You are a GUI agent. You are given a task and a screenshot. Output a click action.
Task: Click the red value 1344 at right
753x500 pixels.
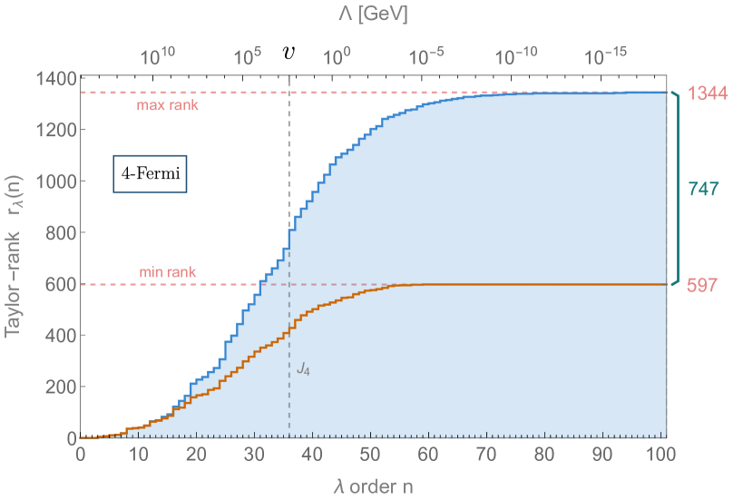(x=708, y=93)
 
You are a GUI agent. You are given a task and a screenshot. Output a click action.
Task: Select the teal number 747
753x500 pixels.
(x=704, y=190)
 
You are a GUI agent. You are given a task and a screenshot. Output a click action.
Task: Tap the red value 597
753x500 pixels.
(x=702, y=285)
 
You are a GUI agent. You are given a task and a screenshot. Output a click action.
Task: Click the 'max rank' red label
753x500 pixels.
(x=168, y=105)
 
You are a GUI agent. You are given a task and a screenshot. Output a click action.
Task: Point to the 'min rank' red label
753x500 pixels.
(x=168, y=271)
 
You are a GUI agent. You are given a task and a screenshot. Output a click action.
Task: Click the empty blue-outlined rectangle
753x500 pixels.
(x=150, y=174)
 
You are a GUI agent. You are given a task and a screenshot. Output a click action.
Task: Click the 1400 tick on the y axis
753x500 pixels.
(x=55, y=79)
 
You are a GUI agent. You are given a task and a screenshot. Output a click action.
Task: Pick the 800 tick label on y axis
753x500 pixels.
(x=55, y=233)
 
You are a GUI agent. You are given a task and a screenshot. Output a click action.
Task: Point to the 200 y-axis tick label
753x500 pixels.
(x=55, y=387)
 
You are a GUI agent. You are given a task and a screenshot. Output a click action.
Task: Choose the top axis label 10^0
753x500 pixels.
(x=337, y=57)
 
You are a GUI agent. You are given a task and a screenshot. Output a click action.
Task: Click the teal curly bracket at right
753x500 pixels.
(x=675, y=189)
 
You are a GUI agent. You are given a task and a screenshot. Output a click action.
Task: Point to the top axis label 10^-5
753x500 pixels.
(x=426, y=57)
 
